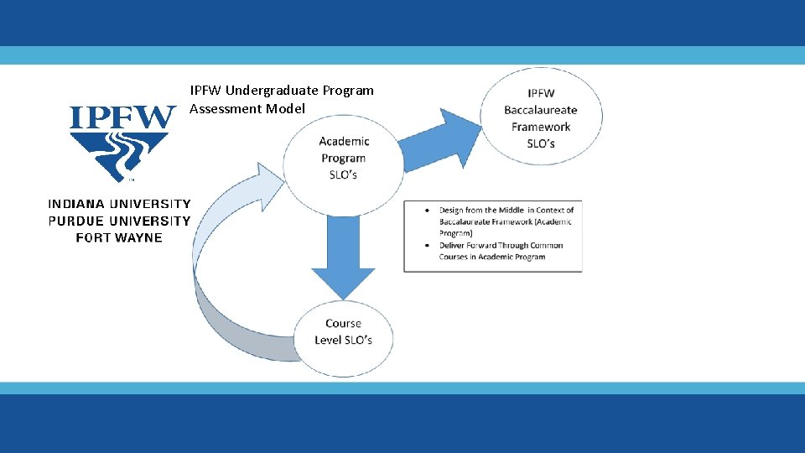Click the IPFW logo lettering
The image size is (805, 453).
(x=122, y=117)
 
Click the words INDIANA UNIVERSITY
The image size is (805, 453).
(x=119, y=204)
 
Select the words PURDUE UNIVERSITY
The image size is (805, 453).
(x=119, y=221)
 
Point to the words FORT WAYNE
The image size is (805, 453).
(x=119, y=237)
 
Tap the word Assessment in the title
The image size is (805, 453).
(x=225, y=108)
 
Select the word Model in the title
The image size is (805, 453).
(x=286, y=108)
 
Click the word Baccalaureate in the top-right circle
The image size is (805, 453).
(x=541, y=110)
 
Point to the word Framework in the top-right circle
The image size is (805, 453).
(x=541, y=127)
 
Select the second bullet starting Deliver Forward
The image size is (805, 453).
(x=501, y=251)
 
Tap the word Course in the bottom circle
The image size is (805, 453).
(x=343, y=323)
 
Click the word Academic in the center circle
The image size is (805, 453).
(x=344, y=141)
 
